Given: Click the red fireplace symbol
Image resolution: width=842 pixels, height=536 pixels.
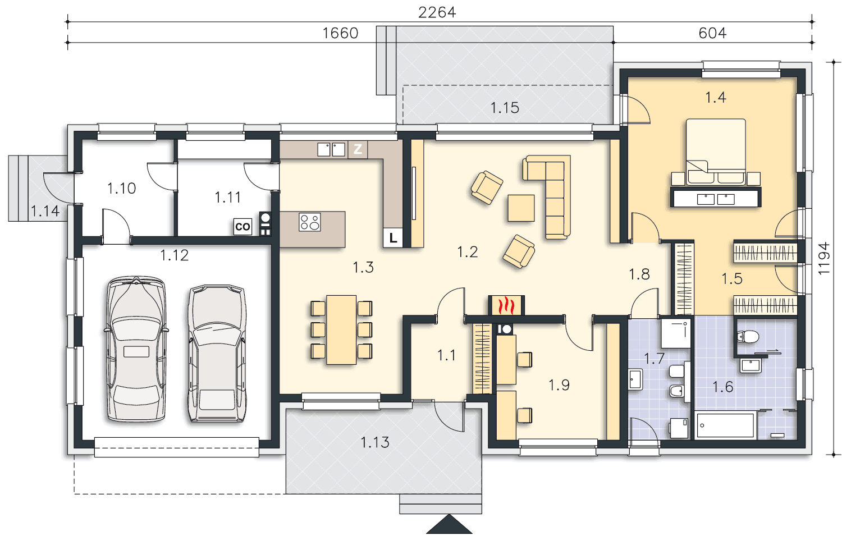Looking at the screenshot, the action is click(x=506, y=305).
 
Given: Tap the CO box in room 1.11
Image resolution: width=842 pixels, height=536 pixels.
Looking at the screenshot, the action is click(x=242, y=227).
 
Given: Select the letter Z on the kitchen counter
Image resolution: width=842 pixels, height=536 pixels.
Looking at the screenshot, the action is click(x=358, y=149).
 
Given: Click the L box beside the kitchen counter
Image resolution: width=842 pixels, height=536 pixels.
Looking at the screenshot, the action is click(x=393, y=238).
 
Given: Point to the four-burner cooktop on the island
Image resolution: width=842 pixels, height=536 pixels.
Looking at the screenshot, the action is click(x=310, y=222).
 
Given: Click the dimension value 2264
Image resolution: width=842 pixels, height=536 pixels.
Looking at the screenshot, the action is click(x=437, y=12).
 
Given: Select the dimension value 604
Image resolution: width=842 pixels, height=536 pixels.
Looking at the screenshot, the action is click(x=712, y=33).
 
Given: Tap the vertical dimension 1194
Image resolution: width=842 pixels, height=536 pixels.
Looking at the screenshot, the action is click(x=823, y=258).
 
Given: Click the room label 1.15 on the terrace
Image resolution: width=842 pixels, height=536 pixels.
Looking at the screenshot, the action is click(x=505, y=108).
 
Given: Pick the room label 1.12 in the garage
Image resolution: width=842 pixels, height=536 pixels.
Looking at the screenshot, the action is click(x=174, y=255).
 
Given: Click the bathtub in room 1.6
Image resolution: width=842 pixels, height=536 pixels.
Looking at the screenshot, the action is click(x=725, y=425).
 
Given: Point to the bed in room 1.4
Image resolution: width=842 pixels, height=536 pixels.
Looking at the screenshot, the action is click(x=716, y=152).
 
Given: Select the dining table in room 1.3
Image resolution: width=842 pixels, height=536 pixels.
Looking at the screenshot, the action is click(x=341, y=329).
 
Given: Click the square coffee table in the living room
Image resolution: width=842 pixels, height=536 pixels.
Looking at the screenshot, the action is click(x=521, y=208).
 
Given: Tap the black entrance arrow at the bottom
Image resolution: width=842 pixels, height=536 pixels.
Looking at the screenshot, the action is click(x=449, y=525).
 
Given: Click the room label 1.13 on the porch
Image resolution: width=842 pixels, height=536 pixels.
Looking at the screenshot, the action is click(x=375, y=442).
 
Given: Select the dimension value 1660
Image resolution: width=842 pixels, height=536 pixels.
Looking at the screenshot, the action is click(x=340, y=33).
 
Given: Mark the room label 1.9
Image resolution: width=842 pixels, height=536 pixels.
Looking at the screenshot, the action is click(x=559, y=385).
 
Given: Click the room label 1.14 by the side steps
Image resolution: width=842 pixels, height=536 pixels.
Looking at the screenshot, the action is click(x=45, y=211).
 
